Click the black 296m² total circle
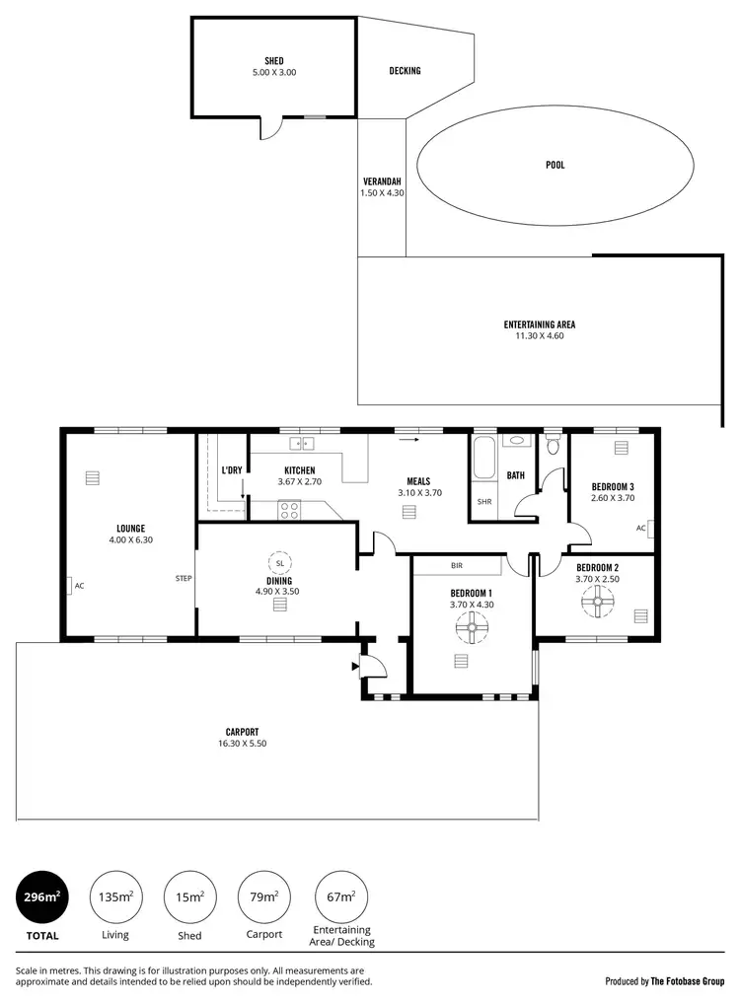pos(42,896)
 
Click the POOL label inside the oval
pos(555,165)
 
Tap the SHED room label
pos(273,61)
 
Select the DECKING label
pos(405,71)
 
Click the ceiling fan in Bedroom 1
pos(472,626)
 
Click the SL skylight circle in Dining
pos(280,562)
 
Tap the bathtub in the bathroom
pos(483,461)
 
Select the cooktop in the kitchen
pos(290,510)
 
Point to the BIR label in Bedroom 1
pos(457,567)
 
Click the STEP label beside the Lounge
pos(183,578)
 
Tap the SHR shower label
pos(484,501)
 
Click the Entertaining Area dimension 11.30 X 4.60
pos(539,335)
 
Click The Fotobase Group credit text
pos(687,981)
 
